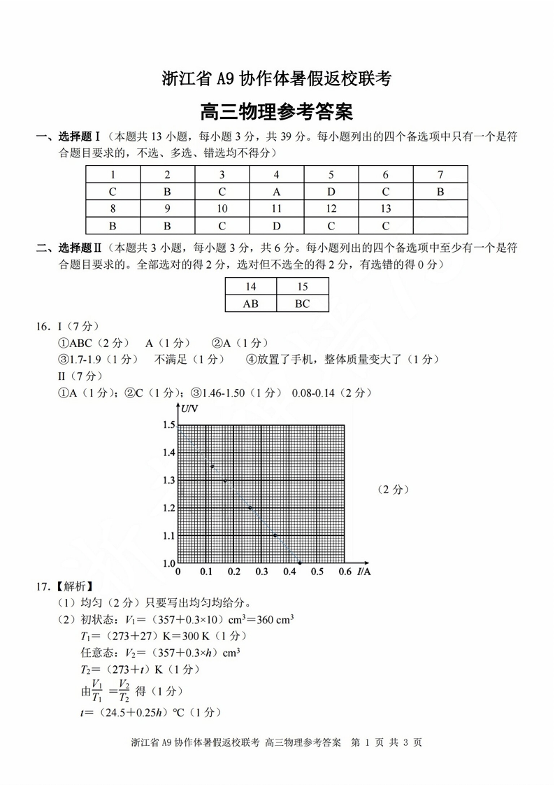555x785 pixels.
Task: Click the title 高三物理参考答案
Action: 277,111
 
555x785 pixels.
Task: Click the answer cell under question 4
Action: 276,192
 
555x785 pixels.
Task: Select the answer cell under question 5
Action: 331,192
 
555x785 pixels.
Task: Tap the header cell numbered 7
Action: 440,175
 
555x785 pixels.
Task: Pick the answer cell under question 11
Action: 276,225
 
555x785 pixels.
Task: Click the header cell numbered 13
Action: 386,208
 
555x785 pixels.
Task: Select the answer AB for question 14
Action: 250,304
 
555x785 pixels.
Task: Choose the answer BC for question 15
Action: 302,304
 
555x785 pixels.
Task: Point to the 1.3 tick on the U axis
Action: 168,480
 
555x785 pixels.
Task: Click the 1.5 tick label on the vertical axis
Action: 168,425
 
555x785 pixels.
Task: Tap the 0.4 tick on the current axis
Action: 289,572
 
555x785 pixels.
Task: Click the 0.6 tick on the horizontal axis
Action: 345,572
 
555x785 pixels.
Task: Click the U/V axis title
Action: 189,409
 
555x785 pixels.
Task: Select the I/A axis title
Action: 363,572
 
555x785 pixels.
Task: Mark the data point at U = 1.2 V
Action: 250,507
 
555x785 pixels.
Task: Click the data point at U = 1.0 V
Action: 300,563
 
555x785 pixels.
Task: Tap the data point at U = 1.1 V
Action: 275,535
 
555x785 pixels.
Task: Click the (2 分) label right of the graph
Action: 392,489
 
